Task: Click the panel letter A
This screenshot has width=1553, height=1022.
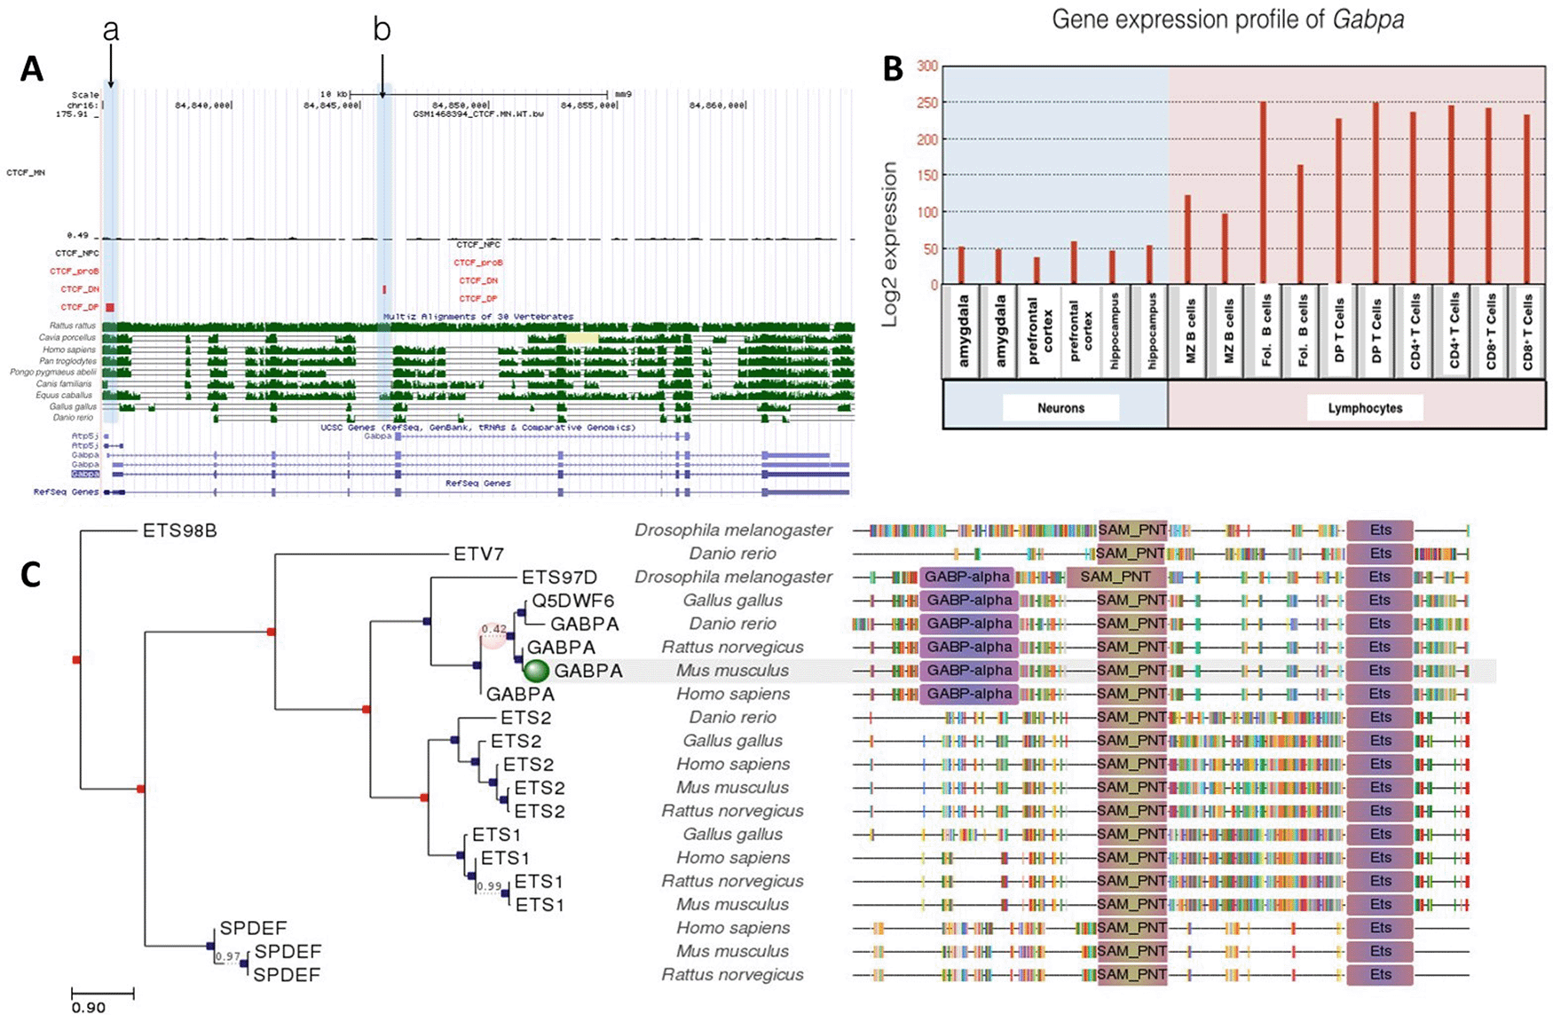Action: pyautogui.click(x=31, y=68)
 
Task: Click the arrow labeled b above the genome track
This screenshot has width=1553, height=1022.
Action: pyautogui.click(x=382, y=75)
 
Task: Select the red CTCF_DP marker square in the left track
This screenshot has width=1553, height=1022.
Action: pyautogui.click(x=110, y=307)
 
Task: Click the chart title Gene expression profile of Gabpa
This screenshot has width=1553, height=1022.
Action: pyautogui.click(x=1227, y=20)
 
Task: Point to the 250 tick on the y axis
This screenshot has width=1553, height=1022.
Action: pyautogui.click(x=926, y=102)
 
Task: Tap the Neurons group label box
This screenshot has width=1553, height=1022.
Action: pyautogui.click(x=1060, y=408)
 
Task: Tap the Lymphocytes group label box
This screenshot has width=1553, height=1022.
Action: pyautogui.click(x=1365, y=408)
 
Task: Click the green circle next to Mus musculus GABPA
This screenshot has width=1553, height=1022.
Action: pyautogui.click(x=536, y=671)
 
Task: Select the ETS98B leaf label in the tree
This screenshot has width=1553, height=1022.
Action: pyautogui.click(x=179, y=531)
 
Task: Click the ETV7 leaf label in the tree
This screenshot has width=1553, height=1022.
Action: pyautogui.click(x=478, y=554)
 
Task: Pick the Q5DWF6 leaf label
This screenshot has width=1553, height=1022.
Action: pyautogui.click(x=572, y=601)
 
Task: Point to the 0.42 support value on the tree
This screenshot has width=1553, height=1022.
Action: pyautogui.click(x=493, y=630)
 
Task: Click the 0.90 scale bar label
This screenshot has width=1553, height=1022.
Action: pyautogui.click(x=88, y=1008)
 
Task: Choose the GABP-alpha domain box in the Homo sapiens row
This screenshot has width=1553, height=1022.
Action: pyautogui.click(x=968, y=694)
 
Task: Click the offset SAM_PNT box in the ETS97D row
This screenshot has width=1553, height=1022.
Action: pyautogui.click(x=1115, y=577)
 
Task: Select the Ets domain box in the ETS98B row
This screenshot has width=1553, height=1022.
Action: pyautogui.click(x=1379, y=531)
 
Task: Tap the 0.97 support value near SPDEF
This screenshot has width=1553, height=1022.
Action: pyautogui.click(x=228, y=956)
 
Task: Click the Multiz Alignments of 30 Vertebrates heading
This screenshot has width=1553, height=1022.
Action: pyautogui.click(x=478, y=317)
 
